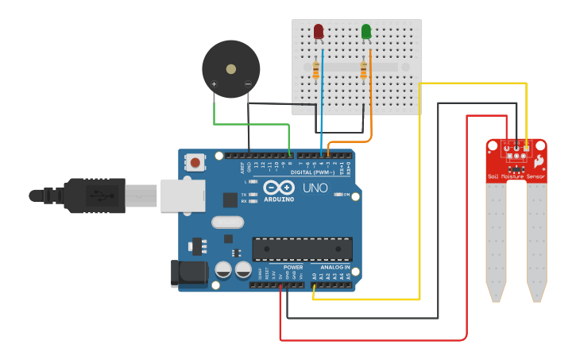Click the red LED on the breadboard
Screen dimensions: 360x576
319,31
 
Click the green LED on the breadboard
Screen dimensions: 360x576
366,31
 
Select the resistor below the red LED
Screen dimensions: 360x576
316,72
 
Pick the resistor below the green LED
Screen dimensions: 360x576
364,72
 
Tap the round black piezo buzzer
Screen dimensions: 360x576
230,69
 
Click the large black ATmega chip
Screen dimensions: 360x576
302,249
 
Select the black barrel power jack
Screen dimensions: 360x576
189,273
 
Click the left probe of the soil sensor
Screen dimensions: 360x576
496,242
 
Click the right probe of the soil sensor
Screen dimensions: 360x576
537,242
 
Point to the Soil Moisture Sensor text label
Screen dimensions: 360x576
516,176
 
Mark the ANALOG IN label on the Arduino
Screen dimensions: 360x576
335,268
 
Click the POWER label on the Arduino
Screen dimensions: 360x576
293,268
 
